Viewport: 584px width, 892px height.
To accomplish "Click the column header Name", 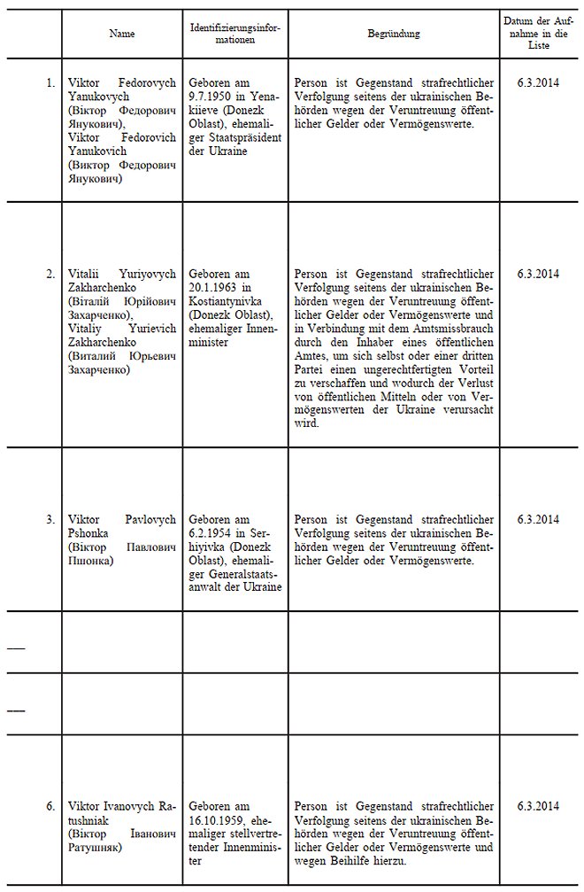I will (x=121, y=34).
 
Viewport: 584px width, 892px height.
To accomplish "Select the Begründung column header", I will (x=393, y=34).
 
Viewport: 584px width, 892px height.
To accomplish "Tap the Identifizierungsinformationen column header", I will (x=234, y=34).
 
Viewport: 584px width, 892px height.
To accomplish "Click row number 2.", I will (x=50, y=273).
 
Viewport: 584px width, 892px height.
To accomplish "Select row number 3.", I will (x=50, y=519).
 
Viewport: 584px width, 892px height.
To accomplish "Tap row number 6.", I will (x=50, y=806).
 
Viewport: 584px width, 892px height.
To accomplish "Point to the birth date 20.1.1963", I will (x=213, y=288).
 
